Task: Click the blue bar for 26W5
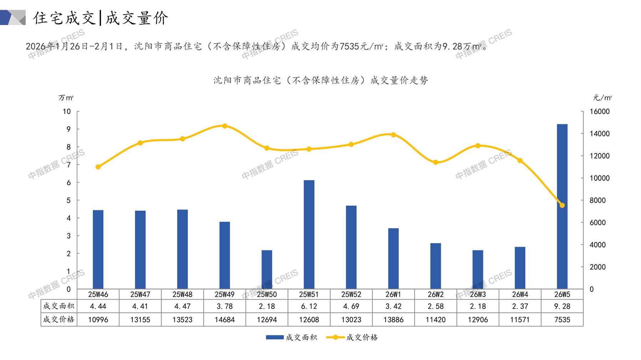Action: point(562,207)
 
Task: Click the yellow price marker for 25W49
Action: point(225,126)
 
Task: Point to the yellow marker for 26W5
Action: point(562,205)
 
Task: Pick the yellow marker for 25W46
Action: point(98,167)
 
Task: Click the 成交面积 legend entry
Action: point(291,337)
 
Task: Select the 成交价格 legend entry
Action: point(352,337)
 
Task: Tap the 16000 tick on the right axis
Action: point(600,112)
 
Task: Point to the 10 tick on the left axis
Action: point(67,112)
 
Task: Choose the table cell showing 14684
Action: point(225,320)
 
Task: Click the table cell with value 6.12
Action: point(309,306)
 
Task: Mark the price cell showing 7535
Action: point(562,320)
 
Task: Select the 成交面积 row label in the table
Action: point(58,306)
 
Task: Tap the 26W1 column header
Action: point(393,294)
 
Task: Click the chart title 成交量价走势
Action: point(321,80)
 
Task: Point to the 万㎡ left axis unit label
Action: point(66,98)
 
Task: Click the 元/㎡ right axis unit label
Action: point(602,98)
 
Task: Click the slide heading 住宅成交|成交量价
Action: point(101,18)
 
